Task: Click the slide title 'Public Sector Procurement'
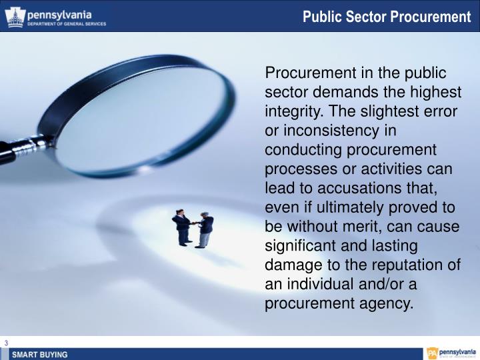(387, 16)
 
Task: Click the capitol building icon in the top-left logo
(14, 17)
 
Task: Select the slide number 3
(6, 343)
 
